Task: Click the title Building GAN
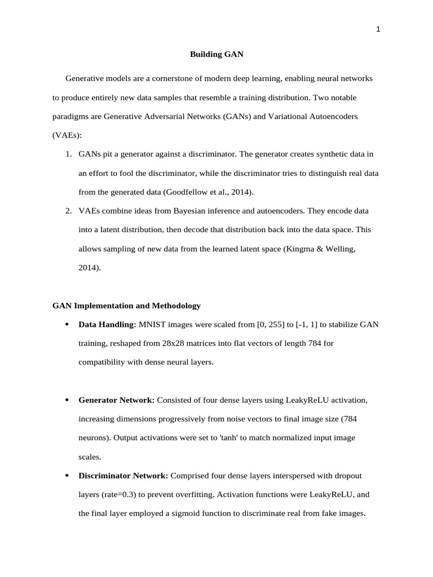pyautogui.click(x=216, y=55)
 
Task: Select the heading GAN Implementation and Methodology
pyautogui.click(x=126, y=306)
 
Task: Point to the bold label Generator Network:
pyautogui.click(x=116, y=400)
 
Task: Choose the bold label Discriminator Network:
pyautogui.click(x=123, y=476)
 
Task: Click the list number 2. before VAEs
pyautogui.click(x=68, y=211)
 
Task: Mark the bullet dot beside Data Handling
pyautogui.click(x=67, y=325)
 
